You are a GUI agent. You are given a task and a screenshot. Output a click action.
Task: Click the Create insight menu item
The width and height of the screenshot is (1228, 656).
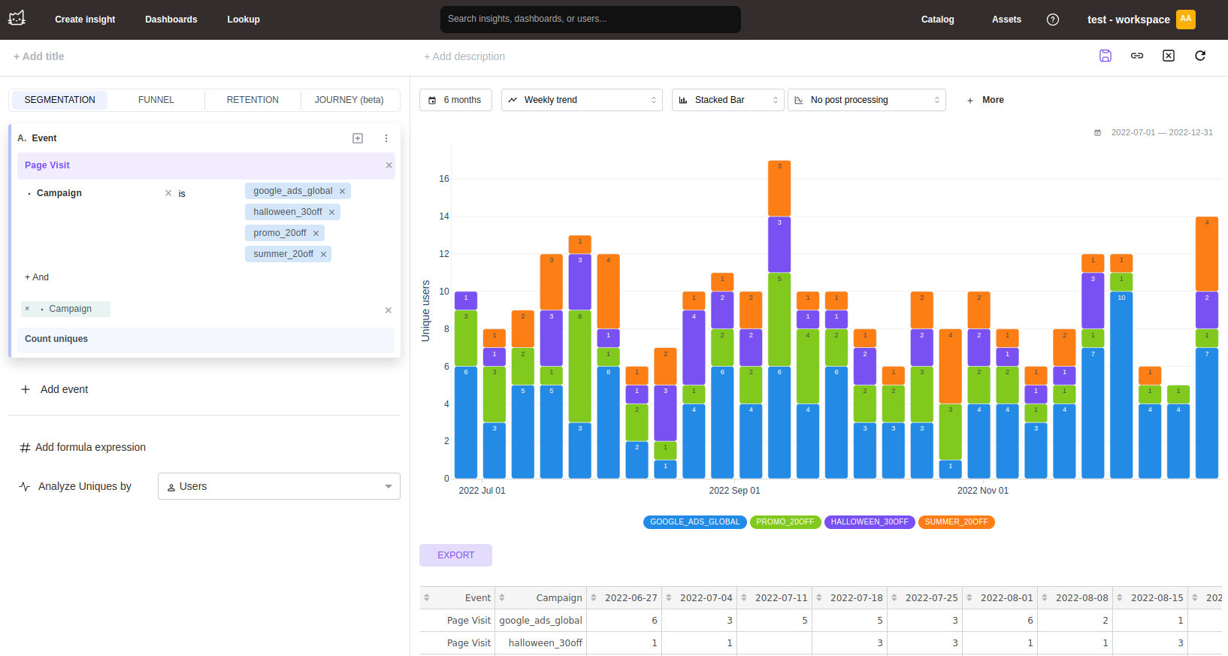[85, 20]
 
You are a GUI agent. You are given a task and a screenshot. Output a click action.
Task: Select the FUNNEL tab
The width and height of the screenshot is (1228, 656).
[156, 100]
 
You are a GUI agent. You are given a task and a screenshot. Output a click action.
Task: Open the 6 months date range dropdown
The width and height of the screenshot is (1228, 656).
[455, 100]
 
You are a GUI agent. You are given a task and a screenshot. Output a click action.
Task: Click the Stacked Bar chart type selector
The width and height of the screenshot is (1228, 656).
[727, 100]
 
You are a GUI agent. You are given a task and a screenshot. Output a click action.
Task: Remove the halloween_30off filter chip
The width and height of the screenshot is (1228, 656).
[331, 213]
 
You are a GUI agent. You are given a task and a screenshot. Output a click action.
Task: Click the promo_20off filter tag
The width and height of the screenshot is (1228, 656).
[279, 233]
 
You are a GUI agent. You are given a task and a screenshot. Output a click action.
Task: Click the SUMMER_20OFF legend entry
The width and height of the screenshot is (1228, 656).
[956, 522]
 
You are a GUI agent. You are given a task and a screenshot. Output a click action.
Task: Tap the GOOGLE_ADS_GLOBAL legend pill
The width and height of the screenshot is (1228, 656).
[694, 522]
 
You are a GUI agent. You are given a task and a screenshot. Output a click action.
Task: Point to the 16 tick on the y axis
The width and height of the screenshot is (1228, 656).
[443, 179]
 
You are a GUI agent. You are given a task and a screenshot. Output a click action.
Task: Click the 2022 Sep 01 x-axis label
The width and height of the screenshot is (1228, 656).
[734, 491]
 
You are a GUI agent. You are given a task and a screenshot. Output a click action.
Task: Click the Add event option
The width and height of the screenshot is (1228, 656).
[64, 389]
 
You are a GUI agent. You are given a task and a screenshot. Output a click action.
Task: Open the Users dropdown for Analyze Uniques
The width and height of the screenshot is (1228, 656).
[279, 486]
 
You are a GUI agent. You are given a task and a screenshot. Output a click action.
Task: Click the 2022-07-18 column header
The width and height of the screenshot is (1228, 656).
[856, 598]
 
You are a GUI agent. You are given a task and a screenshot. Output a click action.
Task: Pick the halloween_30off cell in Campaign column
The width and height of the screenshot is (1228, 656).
[545, 643]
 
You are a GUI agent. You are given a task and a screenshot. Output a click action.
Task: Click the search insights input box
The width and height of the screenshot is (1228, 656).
[590, 20]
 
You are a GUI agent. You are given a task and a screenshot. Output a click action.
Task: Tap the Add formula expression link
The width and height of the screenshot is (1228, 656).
[90, 447]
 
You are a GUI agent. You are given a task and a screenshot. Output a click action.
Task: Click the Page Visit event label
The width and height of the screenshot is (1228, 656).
[47, 165]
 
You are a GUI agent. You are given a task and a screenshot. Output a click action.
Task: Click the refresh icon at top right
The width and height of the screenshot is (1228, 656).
[1200, 56]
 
